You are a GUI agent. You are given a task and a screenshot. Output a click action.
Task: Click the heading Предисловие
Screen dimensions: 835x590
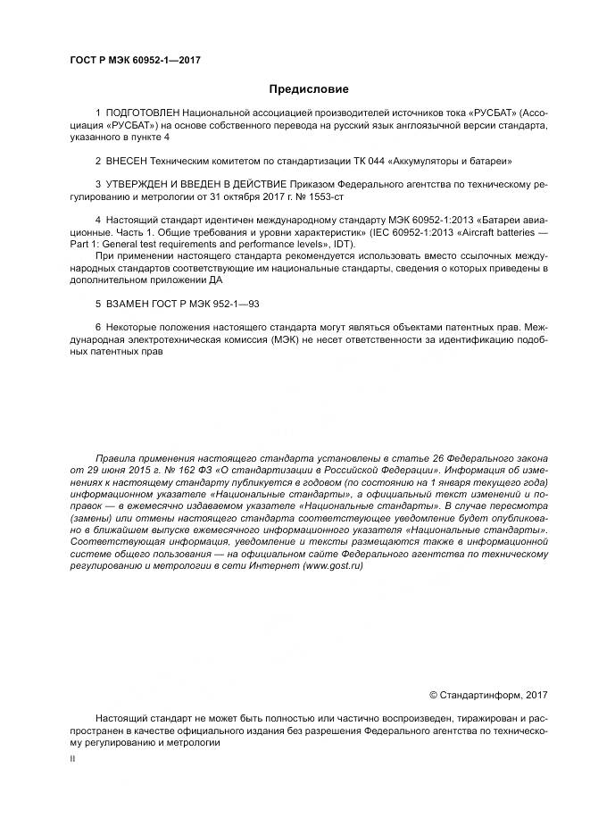pos(309,88)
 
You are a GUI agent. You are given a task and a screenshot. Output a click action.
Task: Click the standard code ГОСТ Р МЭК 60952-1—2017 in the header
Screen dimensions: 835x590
pos(134,60)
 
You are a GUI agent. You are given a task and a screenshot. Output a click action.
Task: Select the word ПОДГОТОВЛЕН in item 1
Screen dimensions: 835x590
pos(142,114)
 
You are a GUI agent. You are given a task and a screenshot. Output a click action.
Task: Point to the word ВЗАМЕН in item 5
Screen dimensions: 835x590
pos(128,304)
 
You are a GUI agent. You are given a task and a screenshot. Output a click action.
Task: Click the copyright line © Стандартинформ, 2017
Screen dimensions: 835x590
pos(489,695)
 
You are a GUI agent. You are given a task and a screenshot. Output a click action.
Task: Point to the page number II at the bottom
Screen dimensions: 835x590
pos(73,757)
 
